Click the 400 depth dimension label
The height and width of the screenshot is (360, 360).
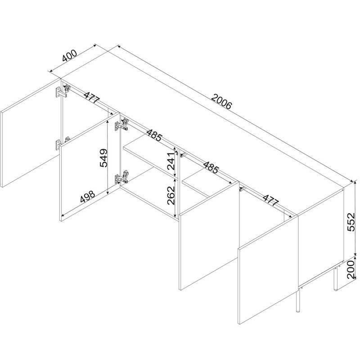point(70,56)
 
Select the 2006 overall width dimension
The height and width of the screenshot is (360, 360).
point(222,101)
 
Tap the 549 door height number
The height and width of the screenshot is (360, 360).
point(103,158)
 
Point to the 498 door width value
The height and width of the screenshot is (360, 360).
point(88,197)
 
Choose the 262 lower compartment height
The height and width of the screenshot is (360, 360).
point(171,195)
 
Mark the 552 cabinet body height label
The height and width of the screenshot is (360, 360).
point(351,222)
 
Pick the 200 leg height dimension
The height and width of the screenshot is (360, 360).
point(351,269)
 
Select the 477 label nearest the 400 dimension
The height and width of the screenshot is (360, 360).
point(92,97)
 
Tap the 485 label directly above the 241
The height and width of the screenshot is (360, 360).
point(154,135)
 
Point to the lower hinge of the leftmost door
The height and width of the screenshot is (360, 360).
point(61,144)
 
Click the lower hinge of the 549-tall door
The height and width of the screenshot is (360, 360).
point(121,177)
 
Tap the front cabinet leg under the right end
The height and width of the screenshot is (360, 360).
point(298,301)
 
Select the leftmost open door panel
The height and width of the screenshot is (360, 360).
point(31,133)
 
